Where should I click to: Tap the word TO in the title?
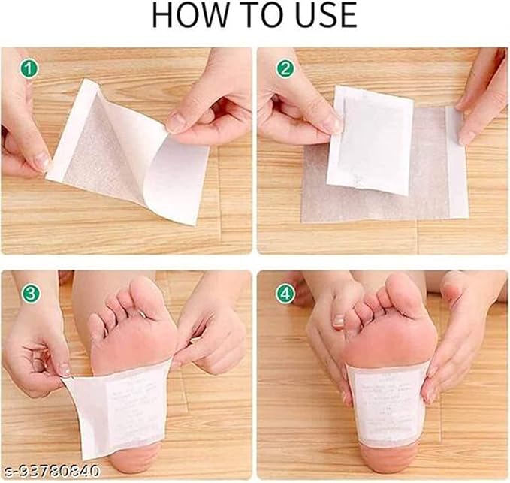tap(253, 17)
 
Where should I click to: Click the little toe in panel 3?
tap(96, 325)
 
